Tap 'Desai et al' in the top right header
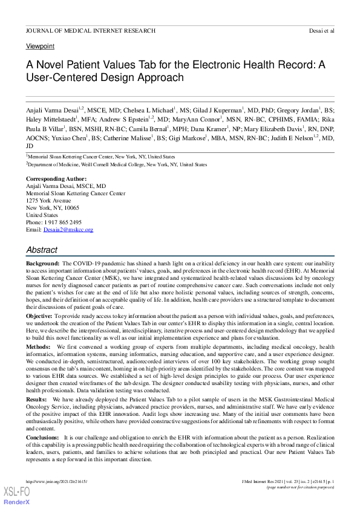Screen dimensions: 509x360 (321, 30)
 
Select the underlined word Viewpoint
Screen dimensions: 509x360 (40, 46)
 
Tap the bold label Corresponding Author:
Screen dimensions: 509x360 (56, 179)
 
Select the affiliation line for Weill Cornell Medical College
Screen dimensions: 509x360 (117, 164)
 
